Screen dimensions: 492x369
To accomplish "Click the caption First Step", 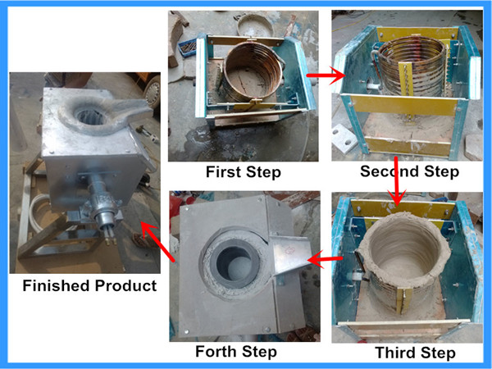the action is [244, 172].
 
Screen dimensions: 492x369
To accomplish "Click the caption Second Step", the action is [409, 171].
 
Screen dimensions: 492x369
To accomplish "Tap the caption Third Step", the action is [415, 353].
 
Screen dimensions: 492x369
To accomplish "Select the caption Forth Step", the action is [236, 352].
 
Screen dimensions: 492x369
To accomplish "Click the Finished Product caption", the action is [89, 286].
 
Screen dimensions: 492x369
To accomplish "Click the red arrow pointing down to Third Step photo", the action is [397, 181].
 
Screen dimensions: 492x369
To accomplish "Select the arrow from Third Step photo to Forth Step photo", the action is [325, 259].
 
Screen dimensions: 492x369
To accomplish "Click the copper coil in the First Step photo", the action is [253, 71].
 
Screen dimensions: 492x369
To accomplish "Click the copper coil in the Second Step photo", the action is [412, 68].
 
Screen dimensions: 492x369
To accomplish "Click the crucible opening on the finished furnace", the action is [90, 116].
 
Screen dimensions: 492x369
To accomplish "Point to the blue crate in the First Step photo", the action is [187, 48].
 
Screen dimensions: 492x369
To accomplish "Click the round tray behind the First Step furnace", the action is [255, 24].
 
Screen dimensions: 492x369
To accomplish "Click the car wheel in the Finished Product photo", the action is [153, 91].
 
